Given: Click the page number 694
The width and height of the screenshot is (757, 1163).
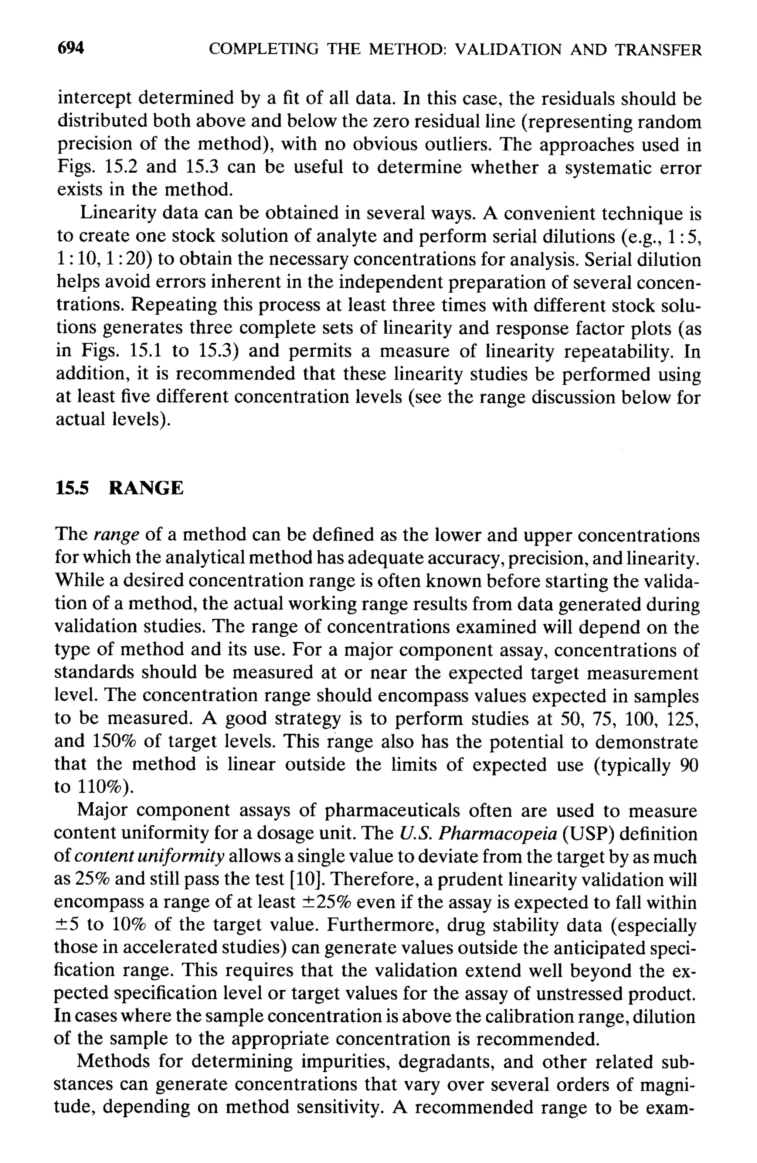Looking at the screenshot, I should click(71, 48).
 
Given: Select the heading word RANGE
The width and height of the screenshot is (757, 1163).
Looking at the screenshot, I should click(146, 488).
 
